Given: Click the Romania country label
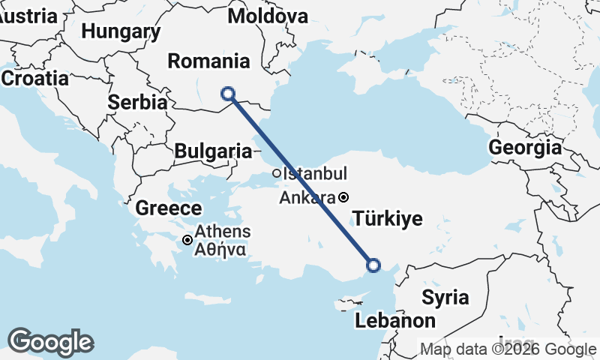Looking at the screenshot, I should tap(208, 61).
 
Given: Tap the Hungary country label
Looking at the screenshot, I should tap(121, 31).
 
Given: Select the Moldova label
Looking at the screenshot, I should tap(268, 16).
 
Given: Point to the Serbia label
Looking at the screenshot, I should tap(137, 103).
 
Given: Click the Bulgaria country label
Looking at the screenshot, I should tap(213, 151).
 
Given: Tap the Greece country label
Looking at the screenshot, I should tap(169, 208).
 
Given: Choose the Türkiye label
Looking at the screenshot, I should tap(388, 219).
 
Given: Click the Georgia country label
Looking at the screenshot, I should tap(525, 148).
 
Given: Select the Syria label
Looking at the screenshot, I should tap(445, 297).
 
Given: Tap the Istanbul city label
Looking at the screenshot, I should tap(315, 174).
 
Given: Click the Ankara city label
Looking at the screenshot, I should tap(307, 199).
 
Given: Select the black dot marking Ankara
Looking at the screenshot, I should tap(343, 198).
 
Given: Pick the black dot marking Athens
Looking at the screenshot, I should tap(187, 240).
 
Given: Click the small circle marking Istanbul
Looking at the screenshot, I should tap(276, 173).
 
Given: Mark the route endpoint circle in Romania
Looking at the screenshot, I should tap(228, 94).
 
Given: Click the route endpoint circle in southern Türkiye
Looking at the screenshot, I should tap(373, 264).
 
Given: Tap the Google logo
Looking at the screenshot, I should tap(50, 342).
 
